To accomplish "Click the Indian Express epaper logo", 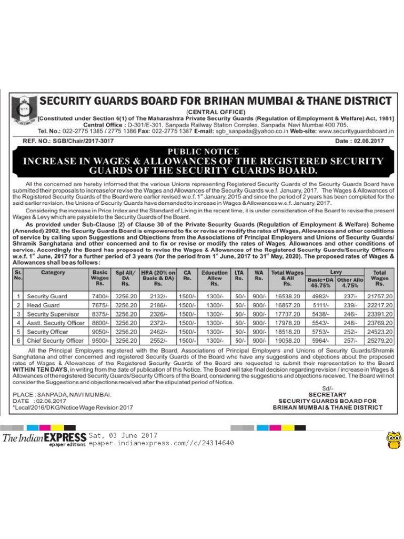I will click(x=44, y=438).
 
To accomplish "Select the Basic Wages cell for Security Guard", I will click(x=100, y=296).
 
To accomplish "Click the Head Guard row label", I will click(x=44, y=305).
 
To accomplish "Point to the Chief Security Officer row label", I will click(x=55, y=340).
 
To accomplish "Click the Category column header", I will click(x=53, y=273).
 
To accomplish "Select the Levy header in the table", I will click(x=336, y=270).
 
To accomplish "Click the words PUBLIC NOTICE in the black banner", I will click(x=203, y=151).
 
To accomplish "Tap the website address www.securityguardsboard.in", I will click(x=356, y=131).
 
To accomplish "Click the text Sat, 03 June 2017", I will click(x=123, y=435).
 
